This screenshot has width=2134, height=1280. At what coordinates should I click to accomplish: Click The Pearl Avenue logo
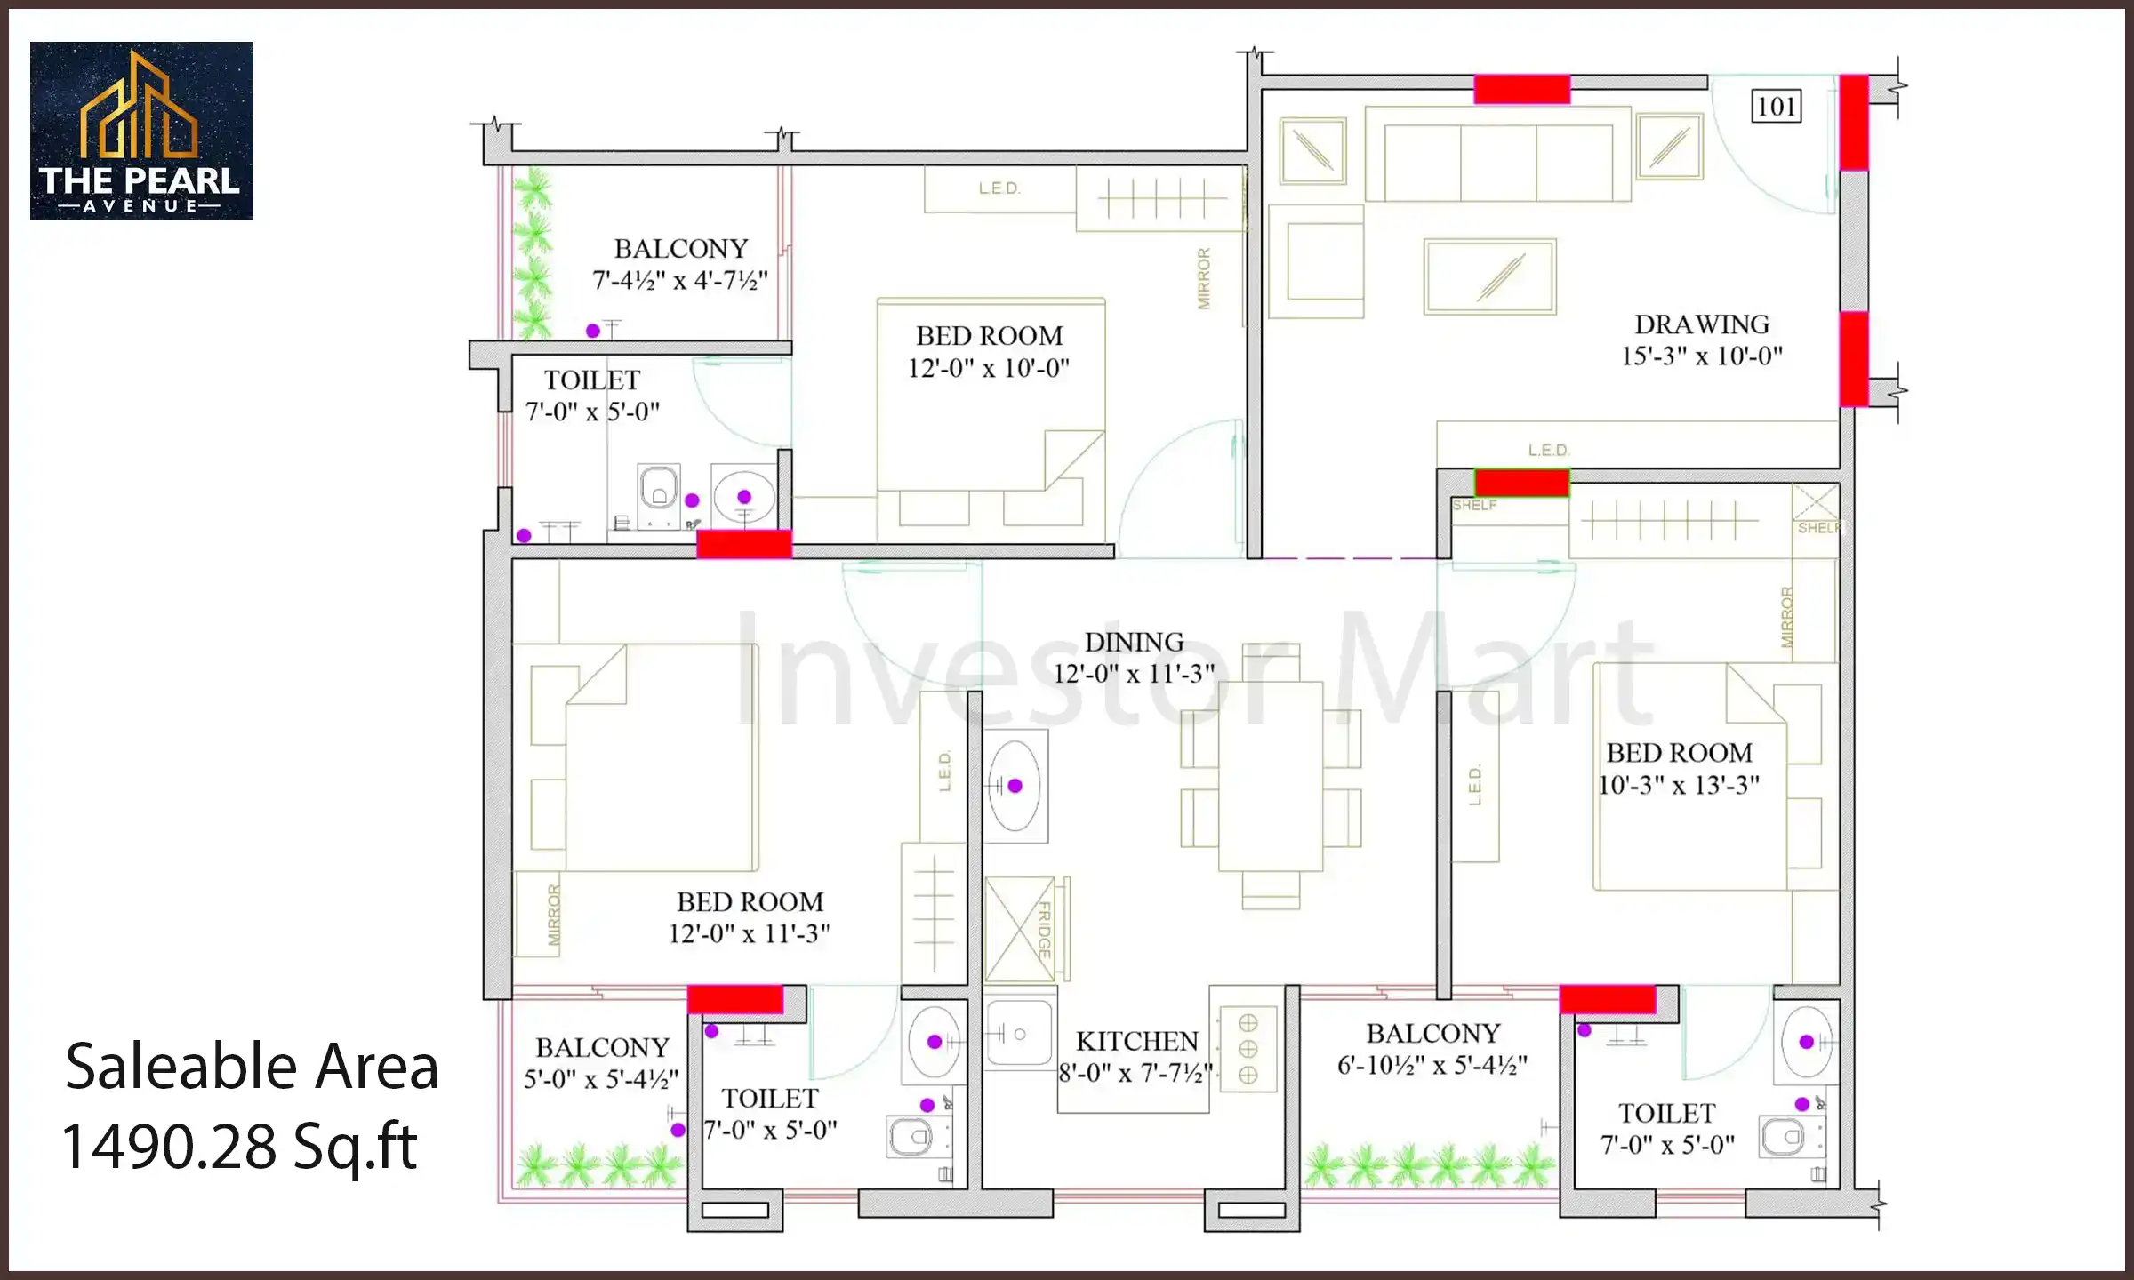[141, 131]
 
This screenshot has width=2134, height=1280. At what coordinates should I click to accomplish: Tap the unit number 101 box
[1777, 107]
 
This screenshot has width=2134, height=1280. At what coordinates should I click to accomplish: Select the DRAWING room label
[1702, 324]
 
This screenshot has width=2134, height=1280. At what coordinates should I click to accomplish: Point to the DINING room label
[1134, 642]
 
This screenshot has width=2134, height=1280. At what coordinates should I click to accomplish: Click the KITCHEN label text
[1137, 1041]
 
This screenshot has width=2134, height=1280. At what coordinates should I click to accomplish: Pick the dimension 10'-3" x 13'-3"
[1679, 785]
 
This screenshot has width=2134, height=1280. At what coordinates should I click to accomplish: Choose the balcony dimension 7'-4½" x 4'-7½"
[680, 280]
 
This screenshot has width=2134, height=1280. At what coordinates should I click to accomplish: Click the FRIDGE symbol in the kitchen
[1023, 930]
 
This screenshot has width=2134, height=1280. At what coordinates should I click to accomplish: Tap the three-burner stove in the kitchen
[1248, 1049]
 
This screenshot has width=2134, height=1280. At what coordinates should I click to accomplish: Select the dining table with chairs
[1271, 776]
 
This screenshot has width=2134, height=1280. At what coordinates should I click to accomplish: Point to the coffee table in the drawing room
[1490, 276]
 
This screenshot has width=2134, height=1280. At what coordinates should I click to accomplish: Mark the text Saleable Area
[252, 1066]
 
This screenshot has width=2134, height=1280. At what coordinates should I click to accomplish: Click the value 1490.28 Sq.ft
[240, 1146]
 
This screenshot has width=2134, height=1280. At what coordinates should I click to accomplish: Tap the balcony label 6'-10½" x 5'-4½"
[1432, 1065]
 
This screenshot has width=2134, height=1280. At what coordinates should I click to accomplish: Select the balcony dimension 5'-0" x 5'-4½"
[601, 1079]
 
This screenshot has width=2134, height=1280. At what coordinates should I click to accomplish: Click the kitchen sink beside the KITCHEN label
[1020, 1034]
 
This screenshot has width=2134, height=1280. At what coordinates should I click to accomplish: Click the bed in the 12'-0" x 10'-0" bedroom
[991, 418]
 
